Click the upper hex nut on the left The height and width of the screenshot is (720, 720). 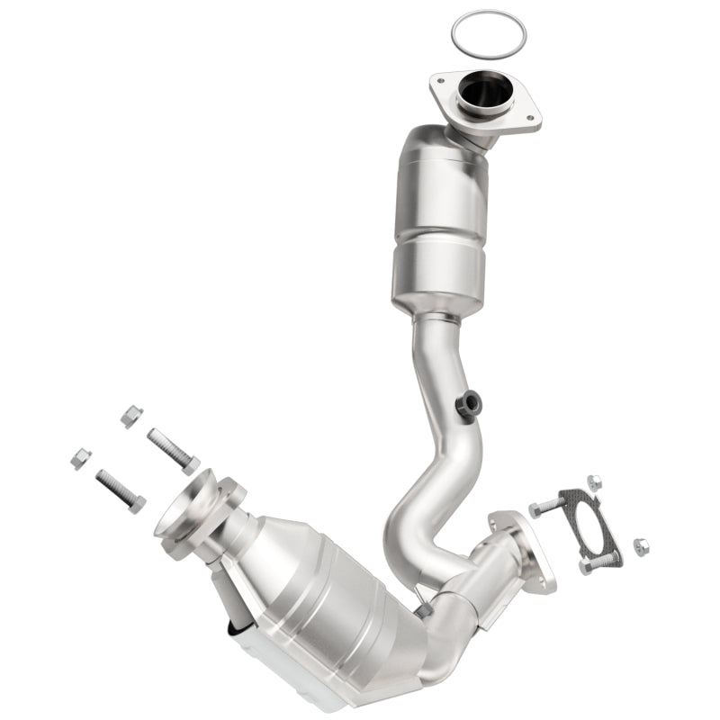coord(131,416)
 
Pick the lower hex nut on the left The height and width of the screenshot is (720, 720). coord(80,458)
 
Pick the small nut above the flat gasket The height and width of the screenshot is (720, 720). coord(594,482)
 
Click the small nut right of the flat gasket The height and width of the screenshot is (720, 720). coord(641,545)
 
